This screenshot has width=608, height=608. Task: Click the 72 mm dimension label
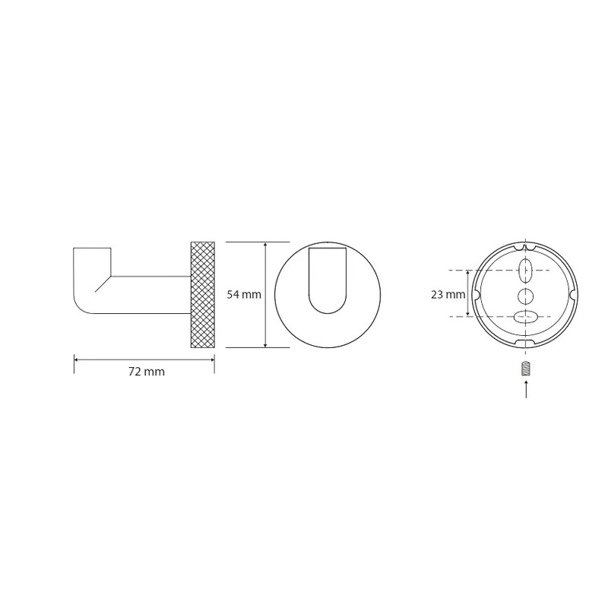pos(147,372)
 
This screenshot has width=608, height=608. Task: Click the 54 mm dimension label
pos(244,295)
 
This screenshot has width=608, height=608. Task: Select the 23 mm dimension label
pos(448,295)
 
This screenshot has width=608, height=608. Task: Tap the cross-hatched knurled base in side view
pos(202,295)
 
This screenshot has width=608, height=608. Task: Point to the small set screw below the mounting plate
pos(526,369)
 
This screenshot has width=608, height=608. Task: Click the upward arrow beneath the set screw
pos(526,389)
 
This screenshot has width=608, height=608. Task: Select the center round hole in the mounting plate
pos(525,296)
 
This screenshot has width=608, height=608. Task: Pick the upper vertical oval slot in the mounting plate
pos(525,271)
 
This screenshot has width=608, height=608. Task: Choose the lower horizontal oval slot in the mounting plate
pos(525,317)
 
